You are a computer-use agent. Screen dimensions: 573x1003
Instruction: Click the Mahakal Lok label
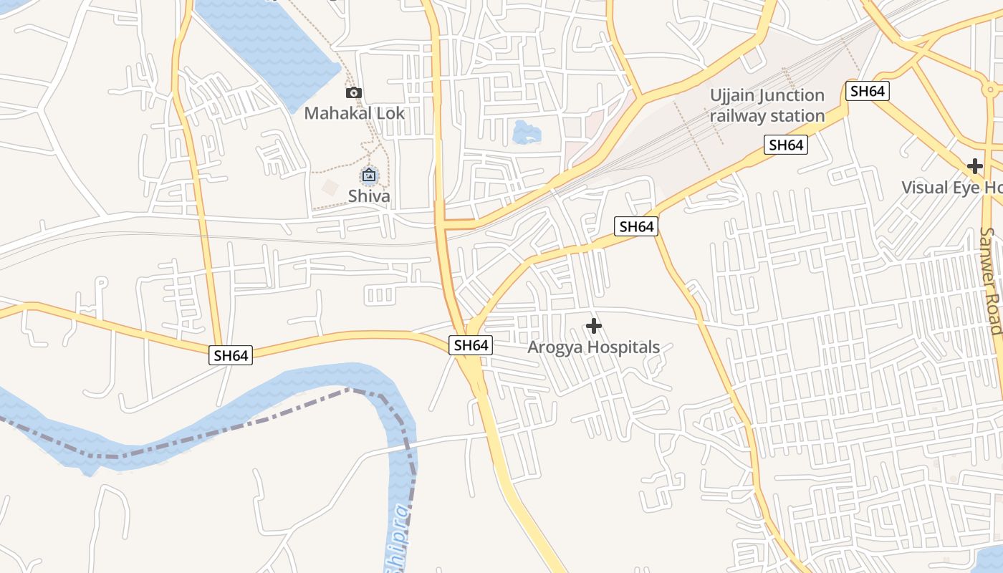point(354,113)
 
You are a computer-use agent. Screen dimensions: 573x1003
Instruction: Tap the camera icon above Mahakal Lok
point(354,92)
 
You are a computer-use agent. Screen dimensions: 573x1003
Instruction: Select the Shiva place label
point(369,196)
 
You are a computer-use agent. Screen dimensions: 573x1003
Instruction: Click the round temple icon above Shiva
point(369,175)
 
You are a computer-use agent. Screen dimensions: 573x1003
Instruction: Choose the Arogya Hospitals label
point(593,347)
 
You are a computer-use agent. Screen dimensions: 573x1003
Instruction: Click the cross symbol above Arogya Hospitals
point(593,327)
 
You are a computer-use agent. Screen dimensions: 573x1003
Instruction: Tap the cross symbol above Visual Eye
point(974,166)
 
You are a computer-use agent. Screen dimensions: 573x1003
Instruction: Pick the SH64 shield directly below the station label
point(786,145)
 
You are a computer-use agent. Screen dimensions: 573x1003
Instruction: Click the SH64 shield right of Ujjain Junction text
point(867,91)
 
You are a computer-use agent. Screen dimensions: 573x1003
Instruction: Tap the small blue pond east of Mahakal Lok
point(527,132)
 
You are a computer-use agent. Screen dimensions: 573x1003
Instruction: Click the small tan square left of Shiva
point(330,188)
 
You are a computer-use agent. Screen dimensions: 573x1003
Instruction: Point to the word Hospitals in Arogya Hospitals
point(623,347)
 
